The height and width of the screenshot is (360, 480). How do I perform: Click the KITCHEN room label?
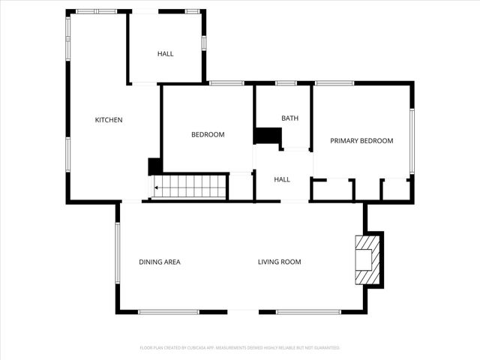[109, 120]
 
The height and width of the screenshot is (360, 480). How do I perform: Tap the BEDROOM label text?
[208, 135]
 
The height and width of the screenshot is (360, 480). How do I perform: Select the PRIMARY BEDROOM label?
[361, 141]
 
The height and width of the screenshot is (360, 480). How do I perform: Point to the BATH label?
[289, 118]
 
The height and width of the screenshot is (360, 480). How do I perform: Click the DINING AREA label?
[159, 262]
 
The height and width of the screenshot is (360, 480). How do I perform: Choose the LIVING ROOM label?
[279, 262]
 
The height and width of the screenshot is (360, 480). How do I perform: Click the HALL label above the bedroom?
[165, 54]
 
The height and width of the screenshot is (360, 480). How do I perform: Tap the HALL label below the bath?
[282, 180]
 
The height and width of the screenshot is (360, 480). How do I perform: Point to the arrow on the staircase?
[157, 189]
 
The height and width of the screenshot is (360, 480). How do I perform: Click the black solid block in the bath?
[267, 136]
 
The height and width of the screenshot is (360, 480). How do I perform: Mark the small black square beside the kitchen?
[154, 166]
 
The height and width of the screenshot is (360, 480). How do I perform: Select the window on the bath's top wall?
[286, 83]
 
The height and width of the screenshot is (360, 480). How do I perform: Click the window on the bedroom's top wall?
[221, 83]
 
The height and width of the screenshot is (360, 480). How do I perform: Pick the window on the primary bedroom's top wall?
[334, 83]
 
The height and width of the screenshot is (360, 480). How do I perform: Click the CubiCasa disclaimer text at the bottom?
[240, 348]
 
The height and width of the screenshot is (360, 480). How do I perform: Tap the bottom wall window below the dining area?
[169, 311]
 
